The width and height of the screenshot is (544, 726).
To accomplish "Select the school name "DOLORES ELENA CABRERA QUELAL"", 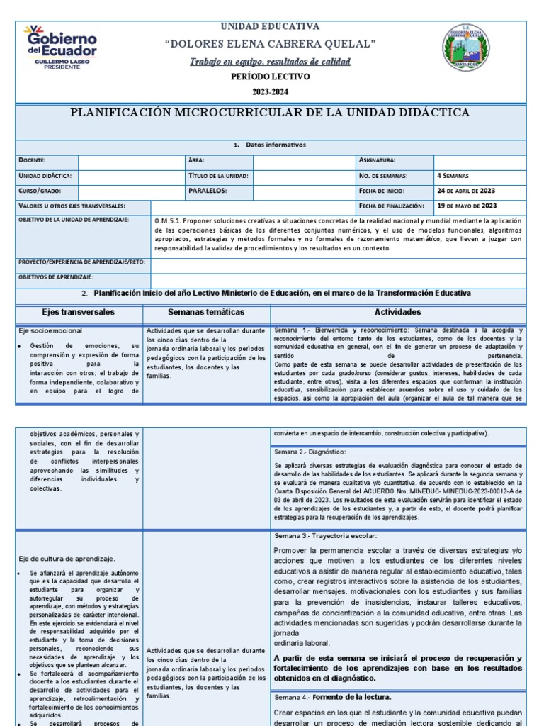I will tap(270, 45).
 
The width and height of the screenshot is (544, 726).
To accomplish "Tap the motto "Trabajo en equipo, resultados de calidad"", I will tap(270, 62).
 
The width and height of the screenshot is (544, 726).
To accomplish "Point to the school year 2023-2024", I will tap(271, 92).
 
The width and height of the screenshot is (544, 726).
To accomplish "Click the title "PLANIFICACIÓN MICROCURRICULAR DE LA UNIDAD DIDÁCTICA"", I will tap(270, 113).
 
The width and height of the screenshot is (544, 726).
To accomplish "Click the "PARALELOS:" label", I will tap(208, 191).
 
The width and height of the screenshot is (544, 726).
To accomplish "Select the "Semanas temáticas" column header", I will tap(206, 312).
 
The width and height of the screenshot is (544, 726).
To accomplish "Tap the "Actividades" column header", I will tap(397, 312).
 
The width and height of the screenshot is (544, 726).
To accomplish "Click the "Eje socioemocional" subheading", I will tap(50, 331).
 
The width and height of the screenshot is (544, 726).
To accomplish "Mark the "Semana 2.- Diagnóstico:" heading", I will tap(309, 451).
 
